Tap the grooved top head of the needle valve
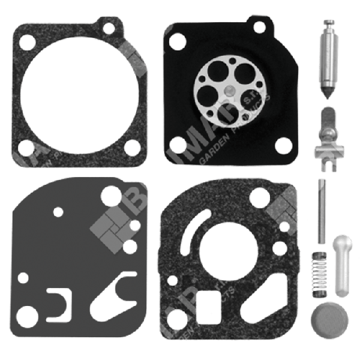click(x=329, y=26)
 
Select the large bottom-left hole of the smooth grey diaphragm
click(x=27, y=313)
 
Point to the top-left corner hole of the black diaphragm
click(x=178, y=41)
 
